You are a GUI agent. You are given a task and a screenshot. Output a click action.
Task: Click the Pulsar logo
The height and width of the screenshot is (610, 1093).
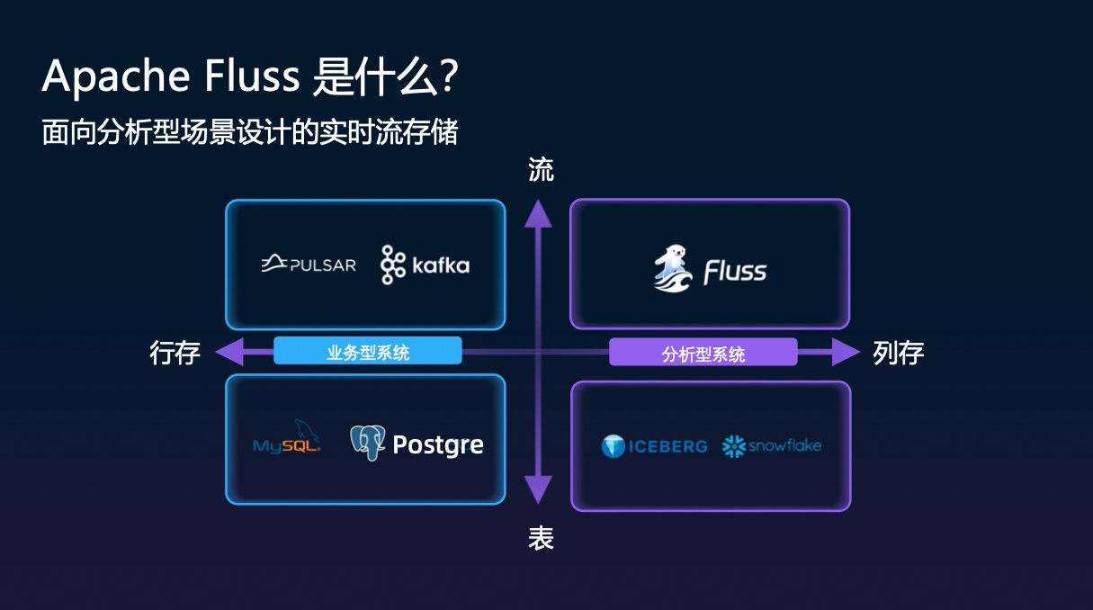(x=309, y=264)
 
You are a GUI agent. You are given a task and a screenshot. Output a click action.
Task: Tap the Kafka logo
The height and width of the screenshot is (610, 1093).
(x=425, y=265)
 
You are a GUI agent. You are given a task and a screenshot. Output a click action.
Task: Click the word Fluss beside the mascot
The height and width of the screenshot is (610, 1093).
(x=735, y=271)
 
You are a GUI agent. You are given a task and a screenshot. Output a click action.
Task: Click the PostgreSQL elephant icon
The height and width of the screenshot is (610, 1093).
(x=367, y=443)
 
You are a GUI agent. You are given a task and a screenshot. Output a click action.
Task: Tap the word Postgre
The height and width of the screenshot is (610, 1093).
(x=438, y=444)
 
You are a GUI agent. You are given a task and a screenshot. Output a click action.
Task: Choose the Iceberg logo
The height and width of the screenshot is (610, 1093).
(x=654, y=446)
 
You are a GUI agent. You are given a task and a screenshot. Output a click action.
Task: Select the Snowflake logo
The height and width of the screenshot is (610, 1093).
(x=772, y=445)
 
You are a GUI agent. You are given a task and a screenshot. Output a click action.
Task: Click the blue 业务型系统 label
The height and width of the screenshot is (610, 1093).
(x=367, y=352)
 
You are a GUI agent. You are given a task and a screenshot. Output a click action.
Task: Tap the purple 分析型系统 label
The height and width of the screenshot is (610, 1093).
(x=703, y=353)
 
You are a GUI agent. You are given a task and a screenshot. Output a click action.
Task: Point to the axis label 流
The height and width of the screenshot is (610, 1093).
(x=541, y=170)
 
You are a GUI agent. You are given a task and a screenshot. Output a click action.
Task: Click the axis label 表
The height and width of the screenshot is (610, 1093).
(x=541, y=538)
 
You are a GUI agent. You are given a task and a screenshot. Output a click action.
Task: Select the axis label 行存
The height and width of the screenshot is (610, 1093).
(x=175, y=353)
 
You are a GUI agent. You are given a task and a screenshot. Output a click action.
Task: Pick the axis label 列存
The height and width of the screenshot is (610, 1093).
(x=898, y=353)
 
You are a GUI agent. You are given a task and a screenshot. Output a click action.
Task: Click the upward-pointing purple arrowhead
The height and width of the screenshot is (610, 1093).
(x=538, y=214)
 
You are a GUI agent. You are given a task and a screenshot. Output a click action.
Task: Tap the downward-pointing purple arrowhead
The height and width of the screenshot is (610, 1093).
(x=538, y=489)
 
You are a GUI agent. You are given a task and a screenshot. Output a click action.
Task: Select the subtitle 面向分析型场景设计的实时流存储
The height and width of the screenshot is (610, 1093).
(x=250, y=132)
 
